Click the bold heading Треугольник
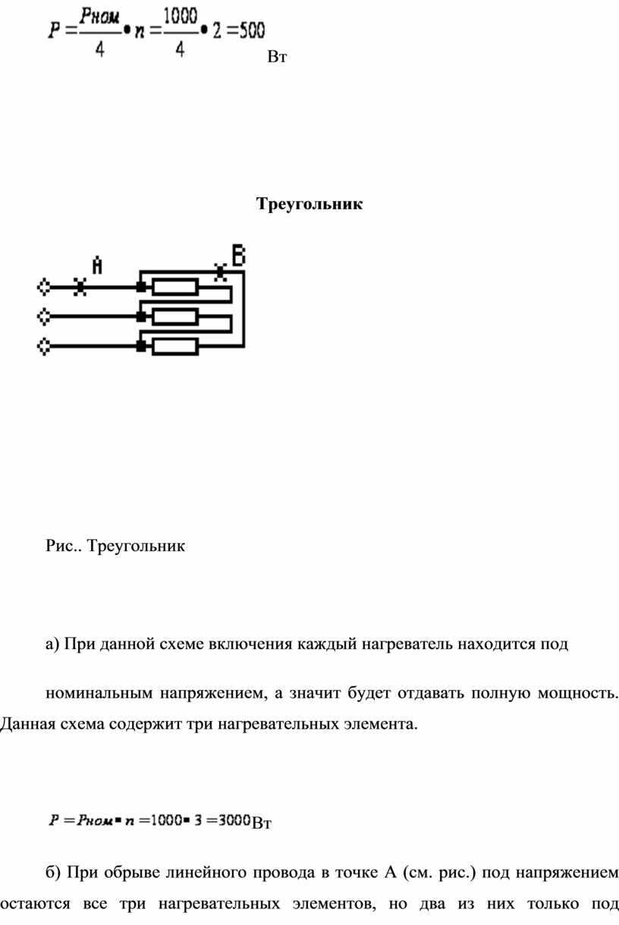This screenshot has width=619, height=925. [x=309, y=204]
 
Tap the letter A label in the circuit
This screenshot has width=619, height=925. [x=97, y=265]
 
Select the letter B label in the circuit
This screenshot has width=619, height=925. [x=239, y=255]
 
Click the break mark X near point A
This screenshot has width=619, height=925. [x=80, y=287]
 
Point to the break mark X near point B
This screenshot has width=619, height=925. [x=220, y=272]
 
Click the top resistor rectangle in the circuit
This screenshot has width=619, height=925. [x=175, y=287]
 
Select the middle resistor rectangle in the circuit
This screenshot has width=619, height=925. [x=175, y=317]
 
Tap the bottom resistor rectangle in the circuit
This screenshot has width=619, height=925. [x=175, y=346]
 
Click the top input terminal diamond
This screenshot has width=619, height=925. [x=44, y=287]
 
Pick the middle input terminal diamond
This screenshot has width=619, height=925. [x=44, y=317]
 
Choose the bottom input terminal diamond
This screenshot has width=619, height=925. [x=44, y=346]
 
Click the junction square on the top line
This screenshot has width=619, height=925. [x=141, y=287]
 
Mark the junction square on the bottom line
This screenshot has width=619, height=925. [x=141, y=346]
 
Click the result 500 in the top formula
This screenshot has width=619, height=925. [x=252, y=30]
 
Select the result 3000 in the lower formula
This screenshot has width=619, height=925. [x=234, y=820]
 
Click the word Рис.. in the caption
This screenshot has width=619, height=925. [x=64, y=546]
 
